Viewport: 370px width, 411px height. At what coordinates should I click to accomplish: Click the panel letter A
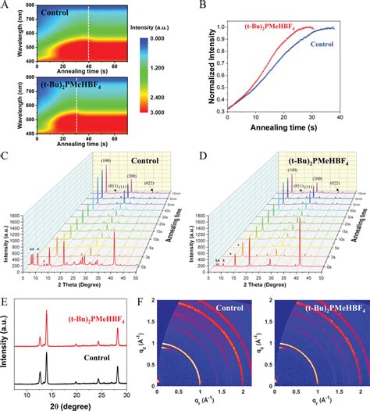6,6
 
